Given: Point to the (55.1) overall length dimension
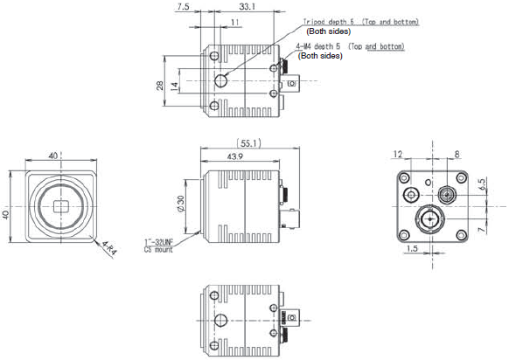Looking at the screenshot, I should pyautogui.click(x=249, y=142).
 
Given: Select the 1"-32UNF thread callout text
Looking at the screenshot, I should pyautogui.click(x=161, y=242).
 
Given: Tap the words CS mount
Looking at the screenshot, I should pyautogui.click(x=160, y=250).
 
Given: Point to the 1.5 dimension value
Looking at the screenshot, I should pyautogui.click(x=414, y=250).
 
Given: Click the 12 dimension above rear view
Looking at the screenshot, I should pyautogui.click(x=399, y=154).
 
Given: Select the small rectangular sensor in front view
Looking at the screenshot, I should pyautogui.click(x=60, y=207).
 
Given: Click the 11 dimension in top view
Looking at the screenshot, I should pyautogui.click(x=234, y=21).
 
